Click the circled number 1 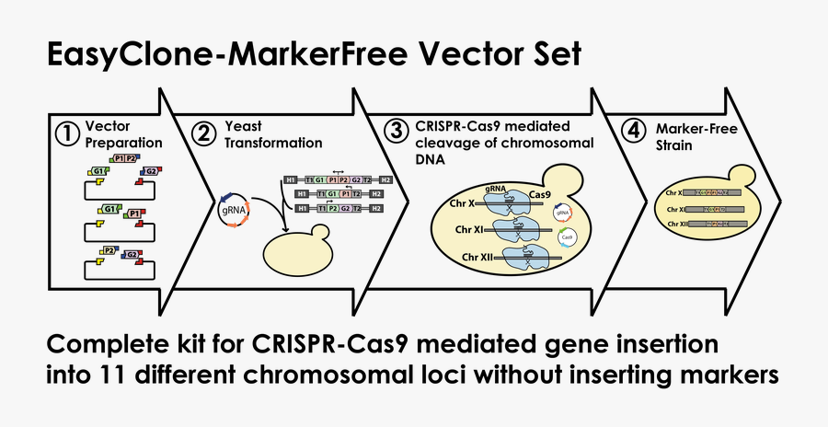click(x=67, y=133)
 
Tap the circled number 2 click(x=205, y=133)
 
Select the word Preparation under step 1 click(x=123, y=144)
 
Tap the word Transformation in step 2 click(x=273, y=144)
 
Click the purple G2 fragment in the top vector click(x=148, y=171)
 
